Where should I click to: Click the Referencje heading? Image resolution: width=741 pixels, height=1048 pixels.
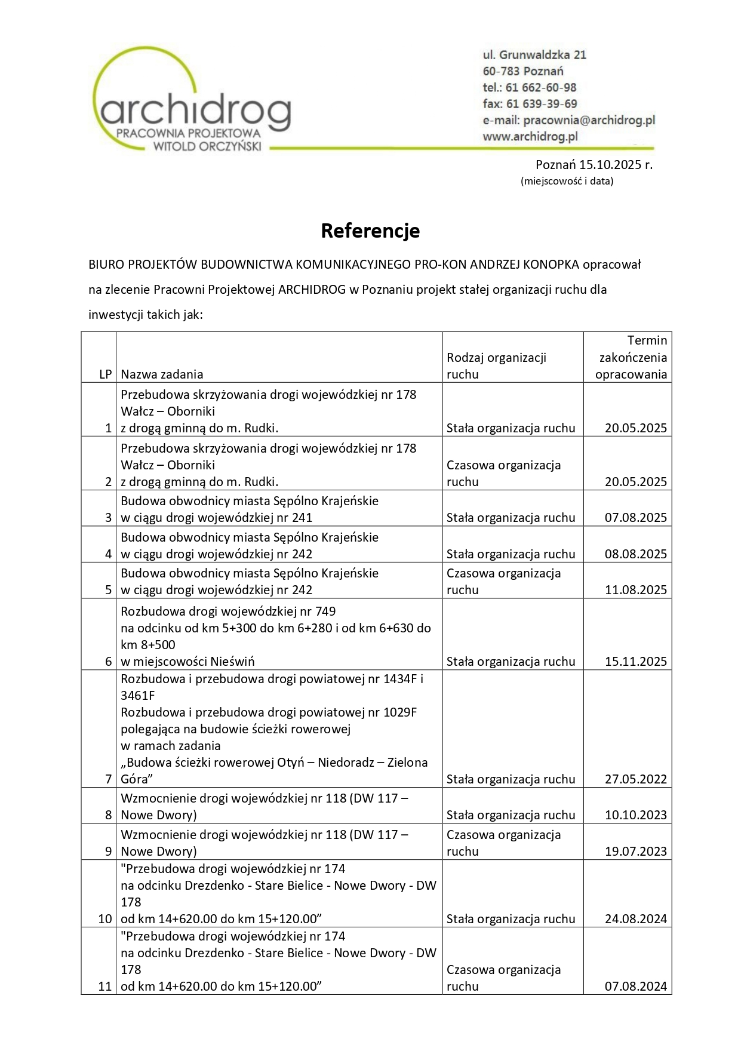(x=370, y=231)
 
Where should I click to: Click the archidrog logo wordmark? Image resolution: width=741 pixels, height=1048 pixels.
(x=195, y=111)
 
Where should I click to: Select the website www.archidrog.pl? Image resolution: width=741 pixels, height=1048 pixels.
(x=530, y=136)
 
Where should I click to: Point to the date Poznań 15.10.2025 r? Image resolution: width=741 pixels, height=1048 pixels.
(x=594, y=165)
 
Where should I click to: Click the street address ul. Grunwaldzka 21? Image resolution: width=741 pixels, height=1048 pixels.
(x=534, y=55)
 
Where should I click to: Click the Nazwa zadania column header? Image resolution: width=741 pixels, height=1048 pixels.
(x=162, y=374)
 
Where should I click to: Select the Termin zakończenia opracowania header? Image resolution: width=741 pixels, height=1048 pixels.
(x=631, y=357)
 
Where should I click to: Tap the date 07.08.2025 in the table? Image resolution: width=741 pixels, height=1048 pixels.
(x=635, y=518)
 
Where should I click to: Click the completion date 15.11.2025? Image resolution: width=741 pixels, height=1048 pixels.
(x=635, y=662)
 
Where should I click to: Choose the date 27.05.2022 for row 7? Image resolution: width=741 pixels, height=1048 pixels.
(x=635, y=779)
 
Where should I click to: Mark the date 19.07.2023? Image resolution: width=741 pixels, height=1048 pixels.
(x=635, y=852)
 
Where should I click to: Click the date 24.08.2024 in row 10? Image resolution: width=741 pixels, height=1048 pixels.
(x=635, y=919)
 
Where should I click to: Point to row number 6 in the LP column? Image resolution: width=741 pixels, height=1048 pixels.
(x=108, y=662)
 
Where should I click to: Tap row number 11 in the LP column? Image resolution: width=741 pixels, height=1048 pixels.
(x=105, y=986)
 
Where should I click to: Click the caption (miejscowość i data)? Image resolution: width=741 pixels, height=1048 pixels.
(x=567, y=181)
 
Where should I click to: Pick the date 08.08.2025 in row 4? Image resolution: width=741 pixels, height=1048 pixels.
(x=635, y=554)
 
